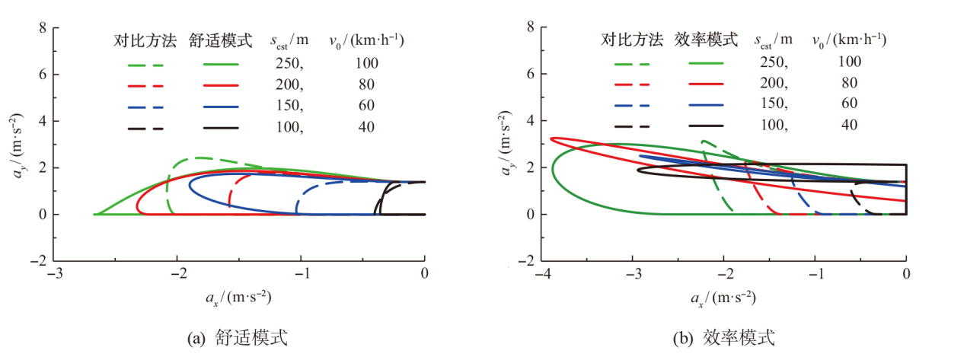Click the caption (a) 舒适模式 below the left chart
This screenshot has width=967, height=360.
[x=238, y=337]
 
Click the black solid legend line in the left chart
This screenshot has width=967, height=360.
[x=221, y=128]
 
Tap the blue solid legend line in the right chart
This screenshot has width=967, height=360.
[x=707, y=104]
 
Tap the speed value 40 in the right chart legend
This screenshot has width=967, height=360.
[x=849, y=124]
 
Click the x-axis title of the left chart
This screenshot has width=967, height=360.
[x=238, y=296]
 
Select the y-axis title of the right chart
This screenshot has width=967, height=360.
[x=509, y=145]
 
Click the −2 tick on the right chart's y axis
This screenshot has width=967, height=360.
[x=525, y=261]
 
